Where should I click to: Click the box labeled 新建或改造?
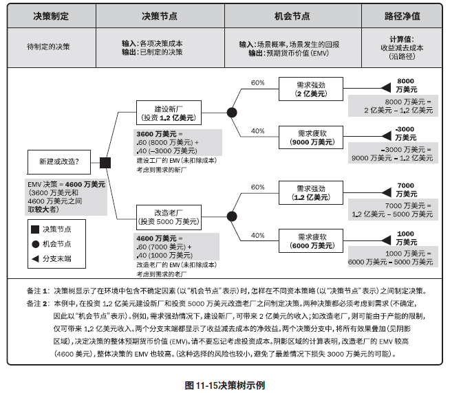(x=58, y=163)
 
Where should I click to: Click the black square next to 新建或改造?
(x=105, y=163)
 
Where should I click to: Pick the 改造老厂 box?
(x=168, y=217)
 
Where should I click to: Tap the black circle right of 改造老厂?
(x=232, y=217)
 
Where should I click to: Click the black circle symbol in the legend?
(x=34, y=243)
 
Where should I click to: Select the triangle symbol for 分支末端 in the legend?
(x=34, y=258)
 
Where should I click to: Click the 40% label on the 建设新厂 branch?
(x=257, y=131)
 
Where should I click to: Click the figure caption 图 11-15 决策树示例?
(x=225, y=385)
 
